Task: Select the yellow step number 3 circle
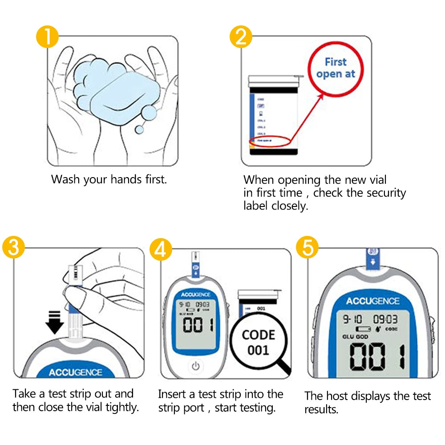[13, 248]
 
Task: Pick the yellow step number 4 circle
[160, 249]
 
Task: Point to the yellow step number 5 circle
[307, 248]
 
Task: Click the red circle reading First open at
[336, 68]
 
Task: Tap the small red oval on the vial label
[270, 142]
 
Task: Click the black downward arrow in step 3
[54, 322]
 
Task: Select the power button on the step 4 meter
[195, 366]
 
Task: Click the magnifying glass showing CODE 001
[259, 342]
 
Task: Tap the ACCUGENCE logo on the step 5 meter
[372, 301]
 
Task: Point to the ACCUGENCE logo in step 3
[76, 372]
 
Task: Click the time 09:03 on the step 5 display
[385, 320]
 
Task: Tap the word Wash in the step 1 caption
[66, 180]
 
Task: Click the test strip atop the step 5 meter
[373, 259]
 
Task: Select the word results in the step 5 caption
[322, 409]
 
